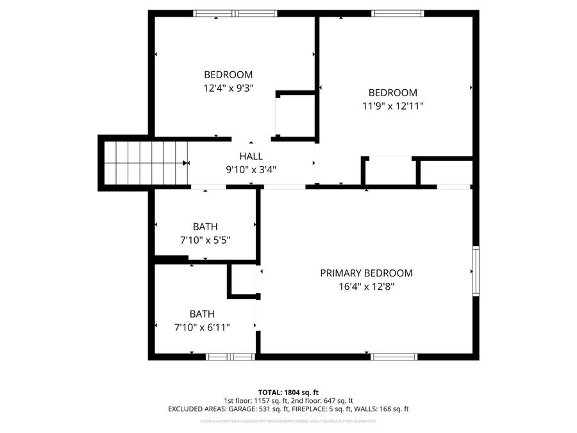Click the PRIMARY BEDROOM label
tap(366, 273)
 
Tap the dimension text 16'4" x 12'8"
tap(366, 287)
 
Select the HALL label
tap(250, 157)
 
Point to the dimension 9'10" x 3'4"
tap(250, 170)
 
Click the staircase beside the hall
tap(146, 162)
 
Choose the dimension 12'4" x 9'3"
tap(228, 88)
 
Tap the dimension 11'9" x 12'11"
tap(392, 106)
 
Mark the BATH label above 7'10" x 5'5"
tap(205, 226)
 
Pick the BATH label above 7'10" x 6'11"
tap(202, 314)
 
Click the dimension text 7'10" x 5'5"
tap(205, 240)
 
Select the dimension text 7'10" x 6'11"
tap(202, 327)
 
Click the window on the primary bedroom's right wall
tap(475, 271)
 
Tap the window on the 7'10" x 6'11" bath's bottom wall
tap(231, 357)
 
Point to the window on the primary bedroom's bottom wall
tap(394, 357)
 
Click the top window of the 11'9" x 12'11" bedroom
tap(398, 13)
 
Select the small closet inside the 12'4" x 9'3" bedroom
tap(295, 116)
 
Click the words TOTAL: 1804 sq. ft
tap(288, 392)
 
